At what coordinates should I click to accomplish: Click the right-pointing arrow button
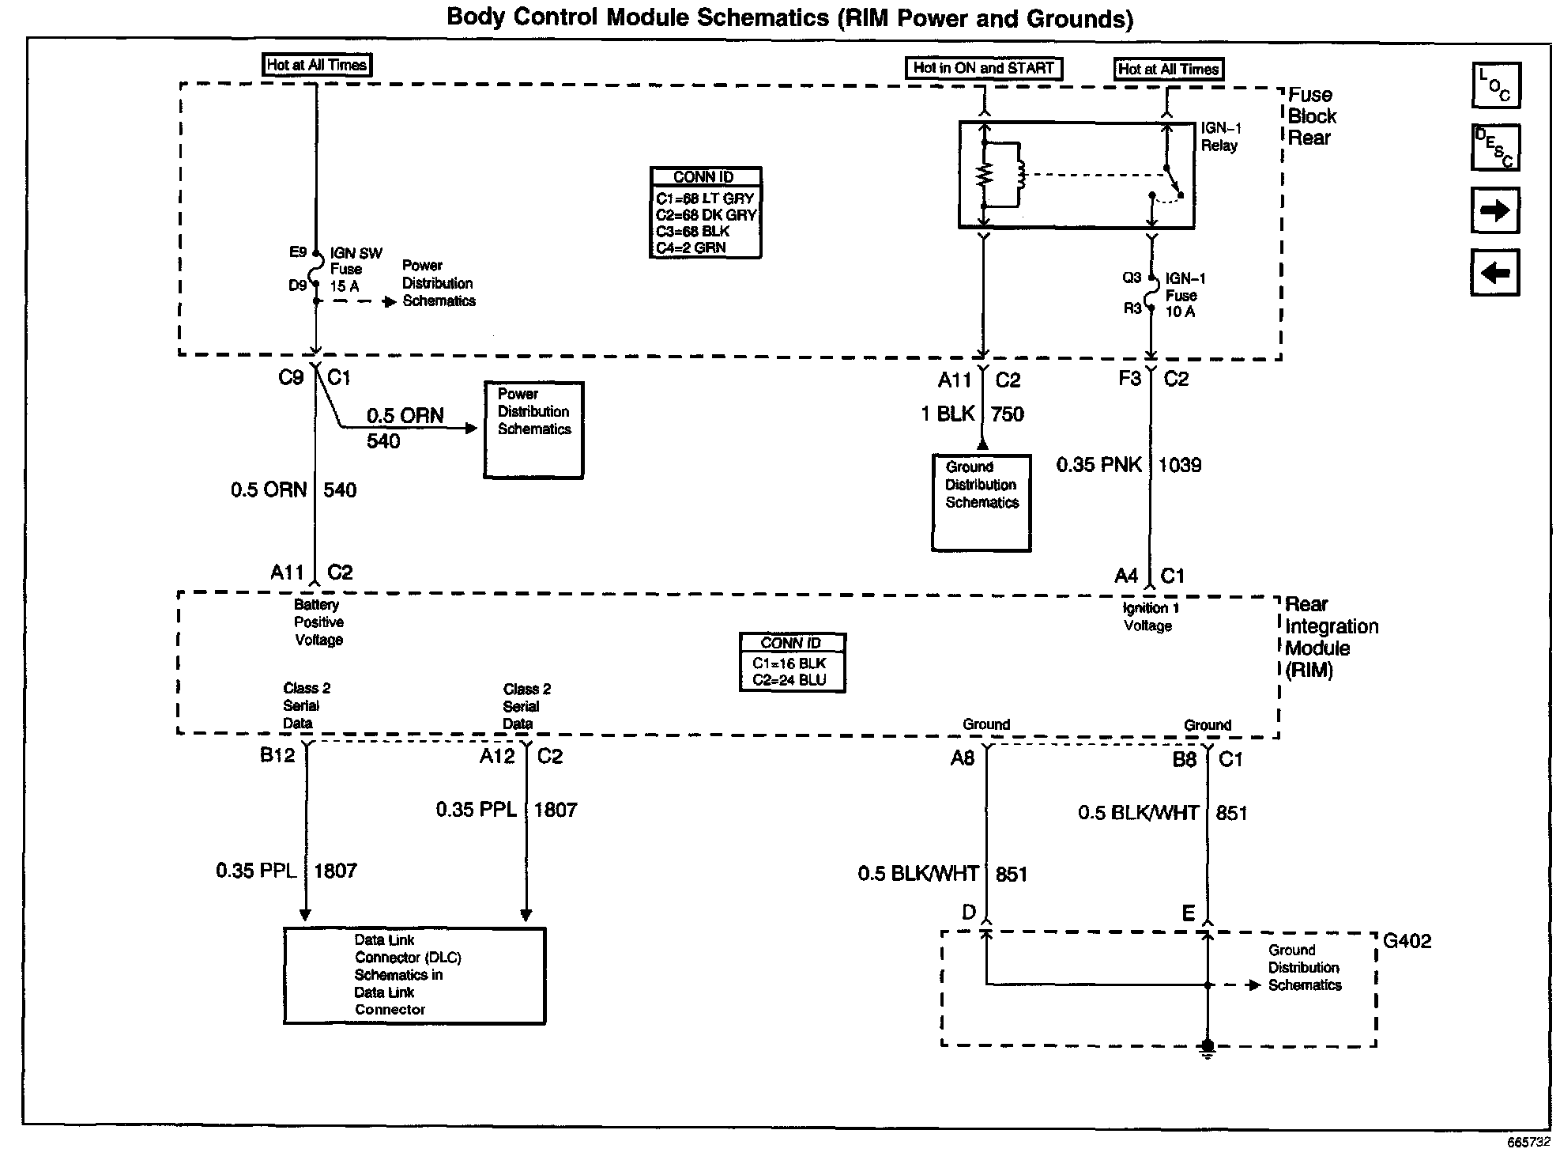tap(1495, 210)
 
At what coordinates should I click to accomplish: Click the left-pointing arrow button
tap(1495, 273)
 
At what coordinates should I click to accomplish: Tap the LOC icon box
tap(1496, 85)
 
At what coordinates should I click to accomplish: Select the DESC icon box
tap(1495, 148)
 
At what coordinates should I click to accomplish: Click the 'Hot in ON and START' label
tap(983, 68)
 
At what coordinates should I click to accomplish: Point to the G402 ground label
tap(1407, 941)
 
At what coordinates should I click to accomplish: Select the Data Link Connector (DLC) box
tap(415, 976)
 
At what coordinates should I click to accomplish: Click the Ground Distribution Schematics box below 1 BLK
tap(982, 502)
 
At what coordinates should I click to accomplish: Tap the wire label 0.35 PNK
tap(1098, 465)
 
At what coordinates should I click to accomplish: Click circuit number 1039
tap(1180, 465)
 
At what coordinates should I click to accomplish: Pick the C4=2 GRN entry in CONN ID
tap(691, 248)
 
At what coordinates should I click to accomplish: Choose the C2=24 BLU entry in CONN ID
tap(789, 680)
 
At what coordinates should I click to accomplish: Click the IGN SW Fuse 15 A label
tap(356, 270)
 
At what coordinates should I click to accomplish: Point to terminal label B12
tap(277, 756)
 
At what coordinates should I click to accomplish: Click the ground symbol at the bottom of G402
tap(1207, 1049)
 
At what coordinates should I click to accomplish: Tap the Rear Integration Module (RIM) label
tap(1332, 637)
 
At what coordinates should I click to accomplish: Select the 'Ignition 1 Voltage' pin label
tap(1151, 617)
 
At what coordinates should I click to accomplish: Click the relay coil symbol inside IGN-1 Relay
tap(1019, 175)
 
